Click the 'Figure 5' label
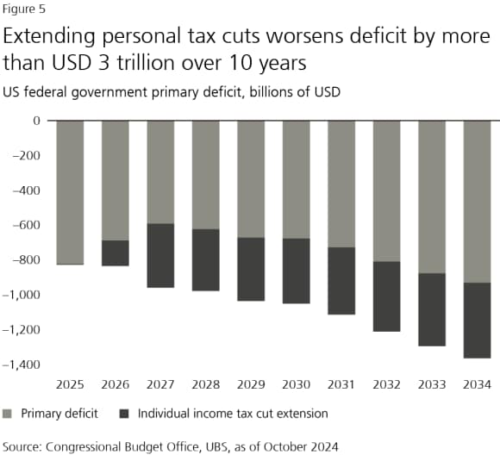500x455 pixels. coord(23,10)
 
